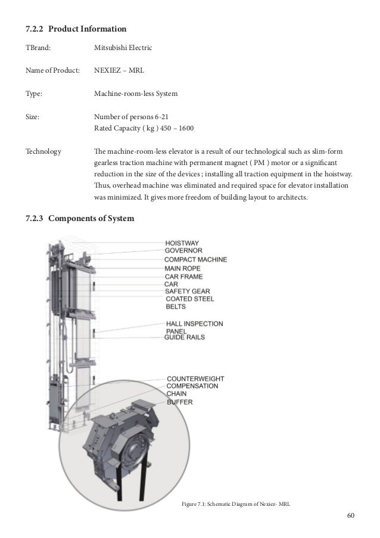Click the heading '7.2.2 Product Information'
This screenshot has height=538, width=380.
(x=75, y=29)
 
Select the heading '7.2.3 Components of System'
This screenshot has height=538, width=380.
(x=80, y=219)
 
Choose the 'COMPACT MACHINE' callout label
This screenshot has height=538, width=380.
(x=195, y=260)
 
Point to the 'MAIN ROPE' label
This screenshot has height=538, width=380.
(x=183, y=268)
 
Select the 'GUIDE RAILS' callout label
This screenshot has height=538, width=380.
(x=185, y=337)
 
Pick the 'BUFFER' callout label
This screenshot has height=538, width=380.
(x=180, y=402)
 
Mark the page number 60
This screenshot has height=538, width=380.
(x=350, y=516)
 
